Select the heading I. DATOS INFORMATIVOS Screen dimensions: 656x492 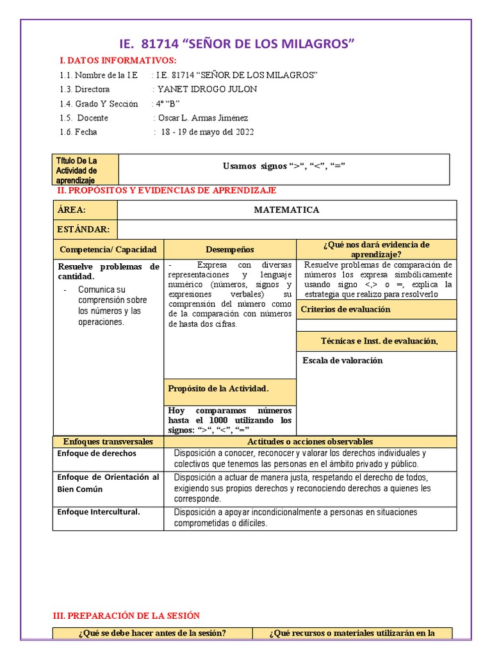117,60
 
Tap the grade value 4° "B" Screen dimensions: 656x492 167,103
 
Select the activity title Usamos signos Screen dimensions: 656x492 284,166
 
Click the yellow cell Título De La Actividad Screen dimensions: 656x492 85,170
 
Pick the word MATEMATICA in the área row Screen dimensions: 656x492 286,209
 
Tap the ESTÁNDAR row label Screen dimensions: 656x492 84,229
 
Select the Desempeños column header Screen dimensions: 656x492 230,249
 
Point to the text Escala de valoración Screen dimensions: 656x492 342,360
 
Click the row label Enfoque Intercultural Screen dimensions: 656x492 98,512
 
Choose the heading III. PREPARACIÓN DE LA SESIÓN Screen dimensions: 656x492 126,616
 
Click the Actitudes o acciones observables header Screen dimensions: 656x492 310,441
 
